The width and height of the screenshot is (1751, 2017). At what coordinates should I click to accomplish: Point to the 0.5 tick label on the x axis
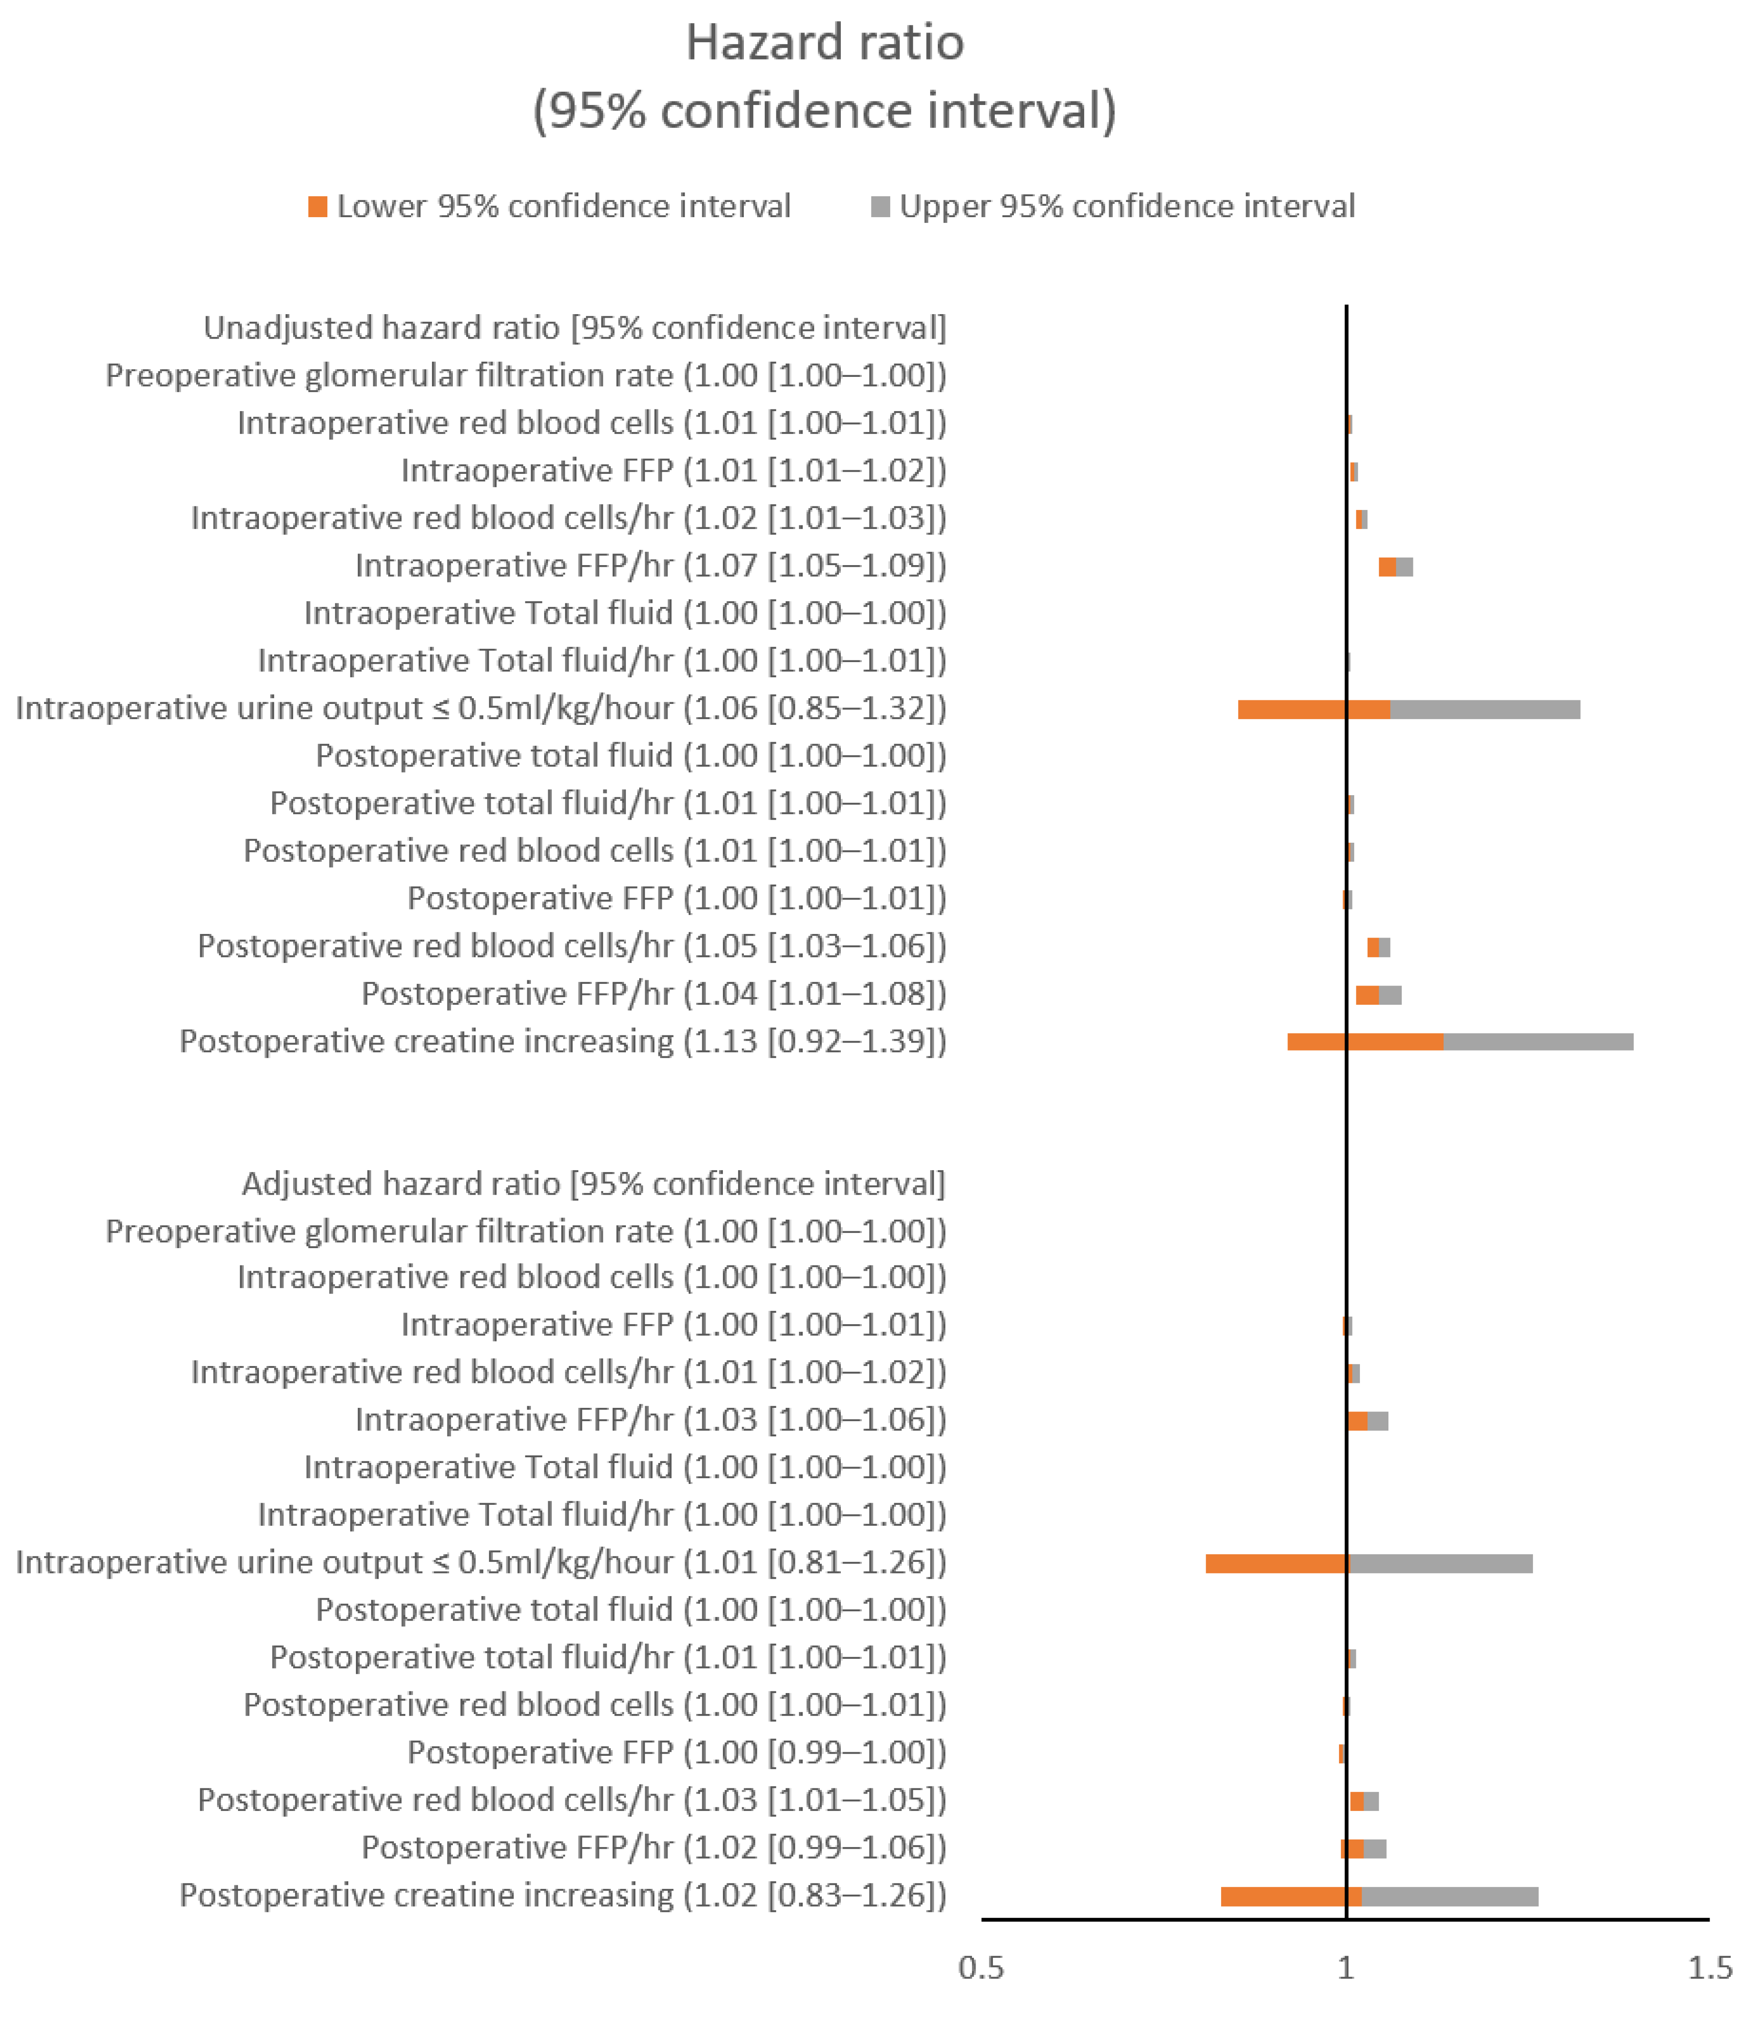(981, 1967)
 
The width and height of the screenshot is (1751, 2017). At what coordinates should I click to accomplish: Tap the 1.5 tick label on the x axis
(1710, 1967)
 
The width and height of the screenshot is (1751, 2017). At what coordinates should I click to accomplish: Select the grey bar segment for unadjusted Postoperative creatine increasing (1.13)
(1538, 1042)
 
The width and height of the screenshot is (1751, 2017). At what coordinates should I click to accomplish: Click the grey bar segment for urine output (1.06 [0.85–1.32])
(1485, 709)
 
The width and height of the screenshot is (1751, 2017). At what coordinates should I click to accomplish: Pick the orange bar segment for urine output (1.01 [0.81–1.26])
(1276, 1564)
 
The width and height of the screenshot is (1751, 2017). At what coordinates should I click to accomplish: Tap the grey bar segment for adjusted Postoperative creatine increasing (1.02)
(1450, 1897)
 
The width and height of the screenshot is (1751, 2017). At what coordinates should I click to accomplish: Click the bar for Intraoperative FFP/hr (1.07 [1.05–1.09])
(1395, 567)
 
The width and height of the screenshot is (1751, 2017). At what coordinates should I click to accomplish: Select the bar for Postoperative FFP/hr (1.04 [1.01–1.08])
(1379, 995)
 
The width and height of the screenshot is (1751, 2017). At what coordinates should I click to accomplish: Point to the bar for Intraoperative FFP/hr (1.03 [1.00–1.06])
(1368, 1421)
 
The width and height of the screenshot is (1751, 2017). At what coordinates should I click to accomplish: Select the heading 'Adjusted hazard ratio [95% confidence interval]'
(594, 1184)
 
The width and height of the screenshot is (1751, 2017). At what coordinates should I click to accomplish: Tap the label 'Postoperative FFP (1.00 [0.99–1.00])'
(676, 1753)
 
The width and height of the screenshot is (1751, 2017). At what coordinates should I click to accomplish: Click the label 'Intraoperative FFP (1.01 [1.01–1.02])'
(673, 471)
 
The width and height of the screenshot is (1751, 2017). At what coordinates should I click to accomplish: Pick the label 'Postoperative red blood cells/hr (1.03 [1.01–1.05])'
(572, 1800)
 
